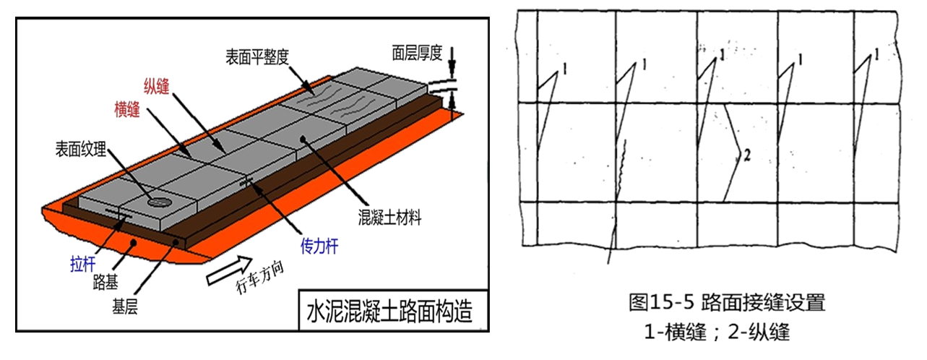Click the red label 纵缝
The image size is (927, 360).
pos(157,87)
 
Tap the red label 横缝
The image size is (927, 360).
pos(127,110)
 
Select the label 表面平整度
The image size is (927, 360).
pos(257,57)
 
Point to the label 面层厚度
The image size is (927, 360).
pos(417,53)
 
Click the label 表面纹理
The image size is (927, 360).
pos(81,150)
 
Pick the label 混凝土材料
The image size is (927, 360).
pos(389,218)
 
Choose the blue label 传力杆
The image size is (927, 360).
pos(319,246)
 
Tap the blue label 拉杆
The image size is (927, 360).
pos(83,265)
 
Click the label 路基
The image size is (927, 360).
pos(105,283)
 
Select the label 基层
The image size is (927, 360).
pos(124,307)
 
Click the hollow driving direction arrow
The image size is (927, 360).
pos(229,271)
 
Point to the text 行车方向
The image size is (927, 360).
pos(260,278)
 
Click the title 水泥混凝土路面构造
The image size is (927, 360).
pos(389,312)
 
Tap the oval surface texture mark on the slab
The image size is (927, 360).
pos(160,202)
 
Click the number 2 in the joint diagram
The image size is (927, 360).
pos(747,155)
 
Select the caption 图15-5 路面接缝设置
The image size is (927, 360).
pos(727,302)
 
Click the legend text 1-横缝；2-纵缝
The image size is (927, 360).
pos(717,332)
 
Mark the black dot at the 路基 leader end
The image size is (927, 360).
pos(133,242)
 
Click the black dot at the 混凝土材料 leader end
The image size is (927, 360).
pos(303,139)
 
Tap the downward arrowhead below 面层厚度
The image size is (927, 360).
pos(452,66)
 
